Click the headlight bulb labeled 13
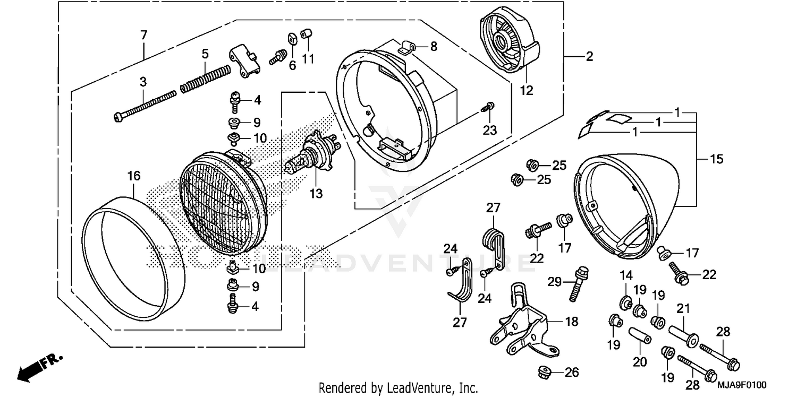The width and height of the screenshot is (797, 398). pos(311,155)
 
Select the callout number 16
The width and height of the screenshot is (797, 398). pos(133,176)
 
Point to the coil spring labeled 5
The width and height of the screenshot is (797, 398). pos(206,77)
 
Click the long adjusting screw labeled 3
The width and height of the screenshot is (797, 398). pos(145,105)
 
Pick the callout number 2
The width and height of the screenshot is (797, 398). pos(589,56)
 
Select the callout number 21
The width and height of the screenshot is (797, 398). pos(683,308)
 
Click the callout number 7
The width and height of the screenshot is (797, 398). pos(143,36)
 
